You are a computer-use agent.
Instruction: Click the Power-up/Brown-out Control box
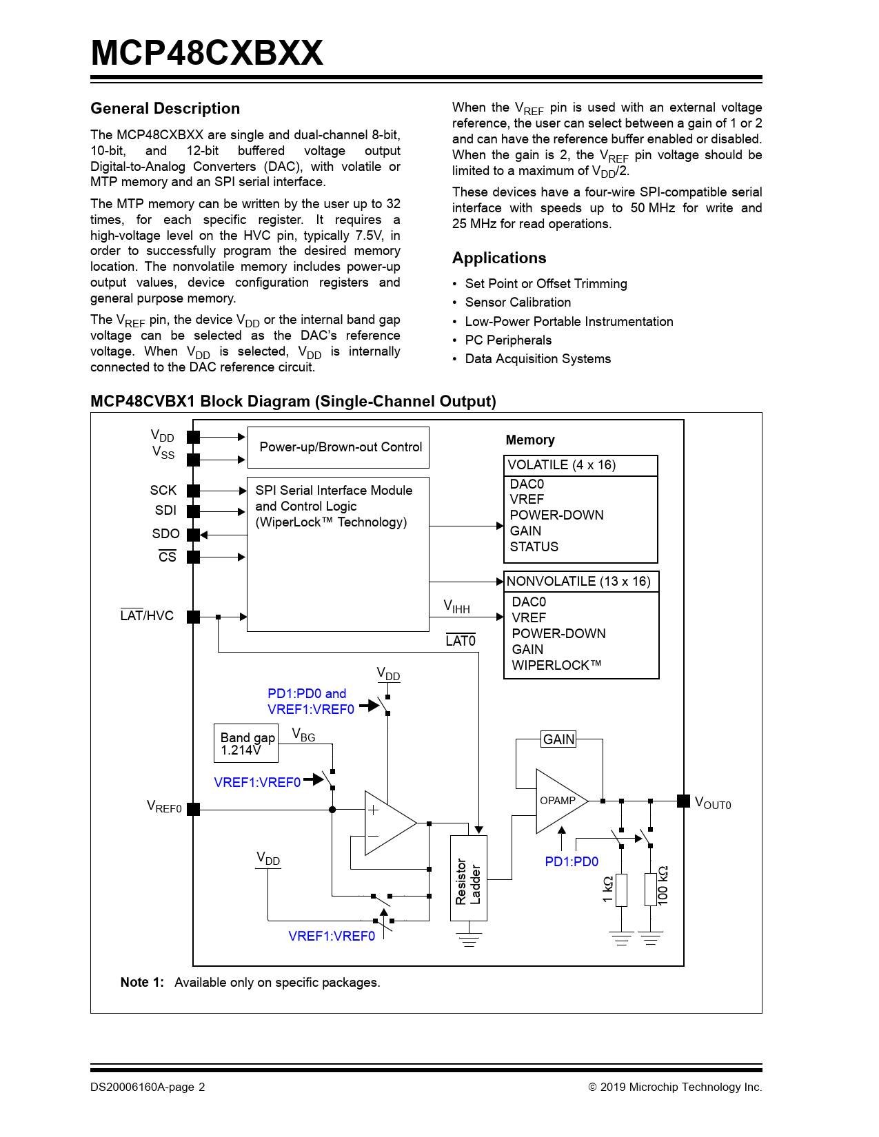339,447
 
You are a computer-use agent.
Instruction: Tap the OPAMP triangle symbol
557,801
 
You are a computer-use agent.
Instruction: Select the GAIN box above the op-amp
558,739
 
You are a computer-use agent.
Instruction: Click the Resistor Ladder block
469,879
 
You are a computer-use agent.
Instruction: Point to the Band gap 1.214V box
246,743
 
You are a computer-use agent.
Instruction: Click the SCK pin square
194,491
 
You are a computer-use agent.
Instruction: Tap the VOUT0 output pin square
683,801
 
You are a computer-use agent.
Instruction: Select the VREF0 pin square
194,809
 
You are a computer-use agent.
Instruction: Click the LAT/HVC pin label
147,615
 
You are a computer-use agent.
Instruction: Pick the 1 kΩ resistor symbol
622,890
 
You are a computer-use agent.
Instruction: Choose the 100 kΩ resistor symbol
650,890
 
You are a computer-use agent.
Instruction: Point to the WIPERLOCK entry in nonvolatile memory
556,666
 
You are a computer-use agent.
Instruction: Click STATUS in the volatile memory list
534,547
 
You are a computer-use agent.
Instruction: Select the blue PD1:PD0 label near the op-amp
572,861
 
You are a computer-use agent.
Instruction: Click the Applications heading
499,258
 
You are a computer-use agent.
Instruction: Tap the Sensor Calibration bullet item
518,303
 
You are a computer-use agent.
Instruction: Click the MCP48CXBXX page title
207,53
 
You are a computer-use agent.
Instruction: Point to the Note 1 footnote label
142,983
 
